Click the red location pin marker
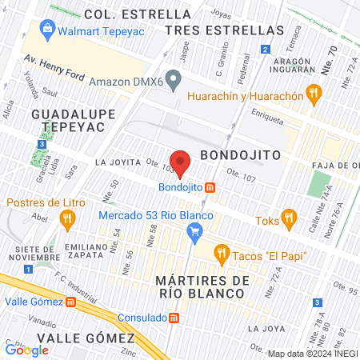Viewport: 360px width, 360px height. point(181,162)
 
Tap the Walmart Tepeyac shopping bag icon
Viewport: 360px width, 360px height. point(47,32)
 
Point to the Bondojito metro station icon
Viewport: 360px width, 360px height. point(210,187)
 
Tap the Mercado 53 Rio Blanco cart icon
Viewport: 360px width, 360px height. point(193,233)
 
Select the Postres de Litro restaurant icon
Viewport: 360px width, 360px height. point(67,218)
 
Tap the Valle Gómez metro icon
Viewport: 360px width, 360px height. point(70,302)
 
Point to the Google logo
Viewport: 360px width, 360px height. point(27,350)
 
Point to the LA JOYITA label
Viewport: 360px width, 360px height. point(118,162)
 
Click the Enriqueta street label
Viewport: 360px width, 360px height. point(266,118)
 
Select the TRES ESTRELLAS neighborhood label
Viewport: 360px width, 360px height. point(224,30)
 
